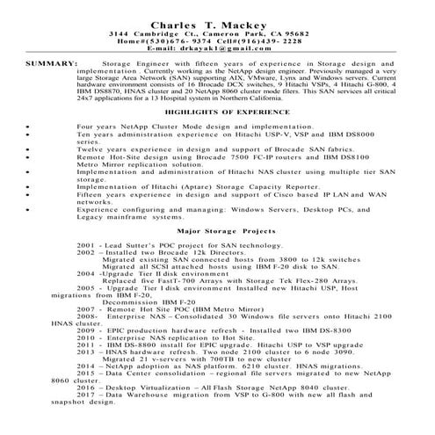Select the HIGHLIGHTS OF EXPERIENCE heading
click(x=217, y=115)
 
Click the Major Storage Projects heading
click(x=217, y=229)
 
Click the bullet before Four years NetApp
click(x=29, y=127)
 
